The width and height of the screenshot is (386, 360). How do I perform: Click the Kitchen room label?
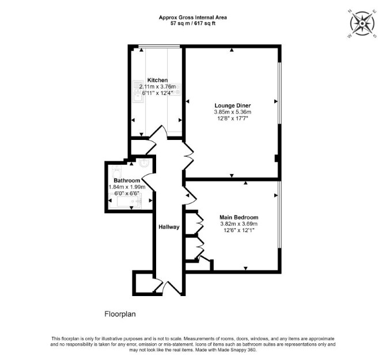point(157,80)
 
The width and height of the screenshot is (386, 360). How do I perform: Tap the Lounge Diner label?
point(233,105)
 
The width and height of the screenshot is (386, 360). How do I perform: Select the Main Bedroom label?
point(239,218)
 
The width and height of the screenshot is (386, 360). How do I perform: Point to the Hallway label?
point(169,227)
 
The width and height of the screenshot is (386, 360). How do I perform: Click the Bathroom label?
point(127,180)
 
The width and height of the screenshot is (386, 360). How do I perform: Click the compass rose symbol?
point(362,24)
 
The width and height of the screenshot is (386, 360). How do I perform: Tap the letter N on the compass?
point(350,11)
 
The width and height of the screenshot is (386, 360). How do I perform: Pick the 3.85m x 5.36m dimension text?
point(233,112)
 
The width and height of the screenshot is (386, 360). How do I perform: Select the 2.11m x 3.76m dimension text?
point(157,86)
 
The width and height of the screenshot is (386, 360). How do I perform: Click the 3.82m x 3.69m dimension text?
point(239,224)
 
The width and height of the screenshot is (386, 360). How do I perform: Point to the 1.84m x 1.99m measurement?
point(127,187)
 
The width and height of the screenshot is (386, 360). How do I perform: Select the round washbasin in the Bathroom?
point(143,163)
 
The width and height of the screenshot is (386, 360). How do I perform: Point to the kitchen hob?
point(176,89)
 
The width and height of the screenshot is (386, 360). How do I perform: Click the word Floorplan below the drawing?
point(120,314)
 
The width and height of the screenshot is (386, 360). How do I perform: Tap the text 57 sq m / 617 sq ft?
point(193,24)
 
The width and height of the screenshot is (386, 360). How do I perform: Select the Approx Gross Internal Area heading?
point(193,17)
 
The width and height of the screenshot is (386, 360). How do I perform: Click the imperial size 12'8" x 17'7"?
point(233,119)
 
